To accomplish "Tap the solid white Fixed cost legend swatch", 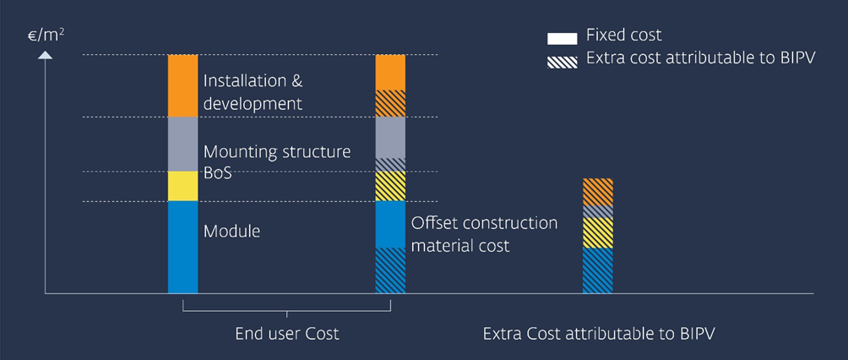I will tap(562, 38).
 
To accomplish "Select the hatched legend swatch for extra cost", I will tap(562, 61).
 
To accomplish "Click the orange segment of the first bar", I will tap(182, 85).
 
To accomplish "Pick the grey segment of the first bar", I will tap(182, 144).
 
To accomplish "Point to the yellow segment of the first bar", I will tap(182, 186).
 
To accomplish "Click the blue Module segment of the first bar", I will tap(182, 247).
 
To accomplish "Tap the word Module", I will tap(232, 230).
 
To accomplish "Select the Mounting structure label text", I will tap(277, 153).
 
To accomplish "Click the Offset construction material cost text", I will tap(484, 234).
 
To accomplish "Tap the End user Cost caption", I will tap(286, 334).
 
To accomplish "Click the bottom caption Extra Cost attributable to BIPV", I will tap(599, 334).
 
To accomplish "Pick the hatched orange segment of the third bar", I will tap(598, 192).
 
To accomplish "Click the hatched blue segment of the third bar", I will tap(598, 270).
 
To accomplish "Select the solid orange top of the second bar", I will tap(390, 72).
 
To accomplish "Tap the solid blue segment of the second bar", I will tap(390, 224).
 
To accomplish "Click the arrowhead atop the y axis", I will tap(46, 56).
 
